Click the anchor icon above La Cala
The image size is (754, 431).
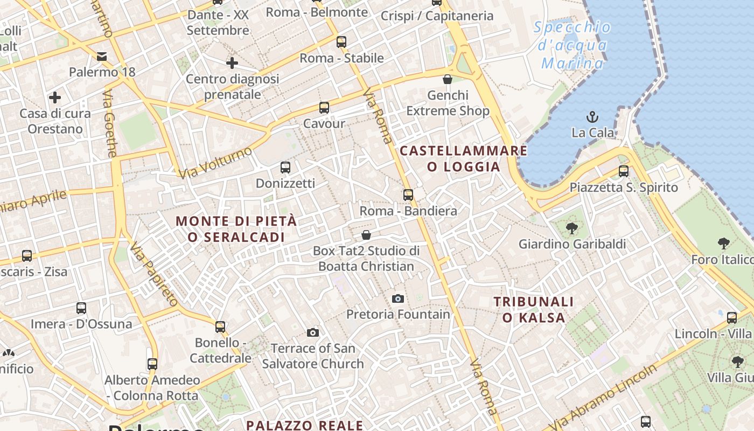(592, 116)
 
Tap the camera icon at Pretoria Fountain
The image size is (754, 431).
(398, 298)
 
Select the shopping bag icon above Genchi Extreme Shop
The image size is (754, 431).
(448, 79)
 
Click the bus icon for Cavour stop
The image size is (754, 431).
(324, 108)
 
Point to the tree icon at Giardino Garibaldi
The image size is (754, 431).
(572, 228)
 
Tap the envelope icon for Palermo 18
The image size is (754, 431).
(102, 56)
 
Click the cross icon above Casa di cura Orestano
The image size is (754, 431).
(55, 98)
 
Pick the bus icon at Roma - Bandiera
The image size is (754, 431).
(408, 195)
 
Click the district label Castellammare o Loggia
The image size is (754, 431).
(464, 158)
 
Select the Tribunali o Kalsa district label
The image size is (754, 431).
(534, 309)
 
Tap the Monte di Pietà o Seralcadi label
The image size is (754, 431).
(236, 229)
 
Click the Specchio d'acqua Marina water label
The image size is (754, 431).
(573, 45)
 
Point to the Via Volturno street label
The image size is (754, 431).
(215, 162)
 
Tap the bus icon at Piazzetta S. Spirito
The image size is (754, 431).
(624, 171)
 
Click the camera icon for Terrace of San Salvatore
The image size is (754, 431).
(312, 332)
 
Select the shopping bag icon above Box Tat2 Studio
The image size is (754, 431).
(366, 235)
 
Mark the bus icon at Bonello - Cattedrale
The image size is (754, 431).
(220, 326)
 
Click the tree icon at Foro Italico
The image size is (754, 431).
(723, 244)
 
